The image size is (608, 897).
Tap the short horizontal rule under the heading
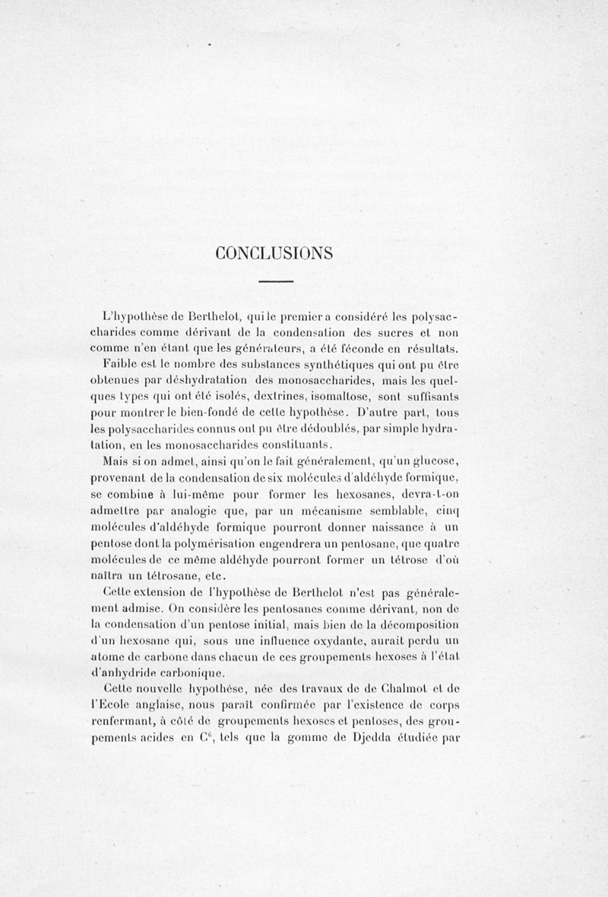(276, 284)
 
